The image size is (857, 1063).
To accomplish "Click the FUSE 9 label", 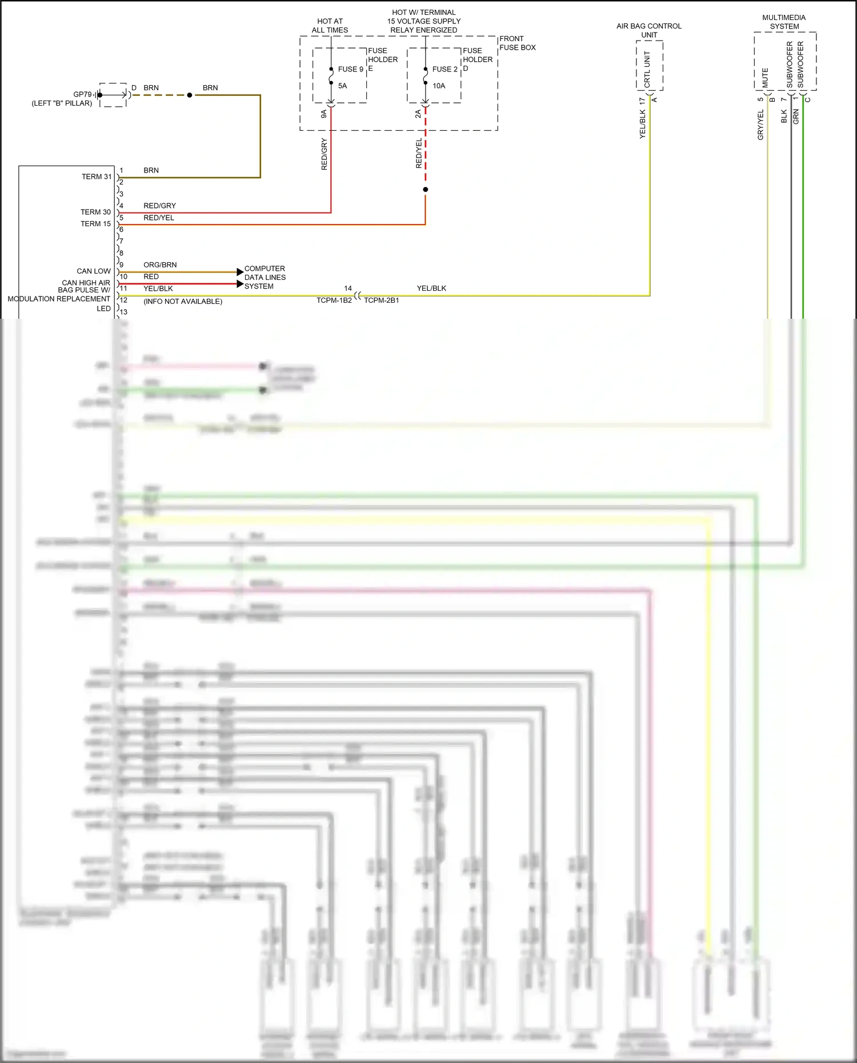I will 350,69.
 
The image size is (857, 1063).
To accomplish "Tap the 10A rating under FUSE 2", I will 439,86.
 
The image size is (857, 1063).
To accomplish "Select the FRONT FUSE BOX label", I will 517,43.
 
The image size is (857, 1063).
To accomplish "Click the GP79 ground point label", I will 82,94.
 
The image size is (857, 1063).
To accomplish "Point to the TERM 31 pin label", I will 96,177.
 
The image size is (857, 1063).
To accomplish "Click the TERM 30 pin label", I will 95,212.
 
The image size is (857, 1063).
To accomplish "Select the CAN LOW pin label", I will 94,271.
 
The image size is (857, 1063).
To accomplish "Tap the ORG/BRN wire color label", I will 160,265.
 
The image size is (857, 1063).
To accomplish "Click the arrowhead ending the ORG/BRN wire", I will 240,272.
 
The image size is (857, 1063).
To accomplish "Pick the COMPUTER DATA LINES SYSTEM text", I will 265,278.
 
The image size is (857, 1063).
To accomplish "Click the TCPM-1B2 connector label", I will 334,300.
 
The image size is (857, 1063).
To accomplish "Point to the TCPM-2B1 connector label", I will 382,300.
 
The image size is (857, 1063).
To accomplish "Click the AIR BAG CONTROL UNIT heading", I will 649,30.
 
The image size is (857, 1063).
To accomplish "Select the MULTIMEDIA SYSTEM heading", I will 784,22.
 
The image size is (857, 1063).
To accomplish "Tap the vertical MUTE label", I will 765,78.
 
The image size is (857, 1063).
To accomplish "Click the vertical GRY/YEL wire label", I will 760,125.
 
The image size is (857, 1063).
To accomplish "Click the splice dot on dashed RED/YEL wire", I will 426,190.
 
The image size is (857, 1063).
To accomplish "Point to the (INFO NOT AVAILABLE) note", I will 183,302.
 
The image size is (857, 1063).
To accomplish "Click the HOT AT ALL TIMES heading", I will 330,26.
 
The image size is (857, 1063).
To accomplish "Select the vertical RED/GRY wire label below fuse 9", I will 324,154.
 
